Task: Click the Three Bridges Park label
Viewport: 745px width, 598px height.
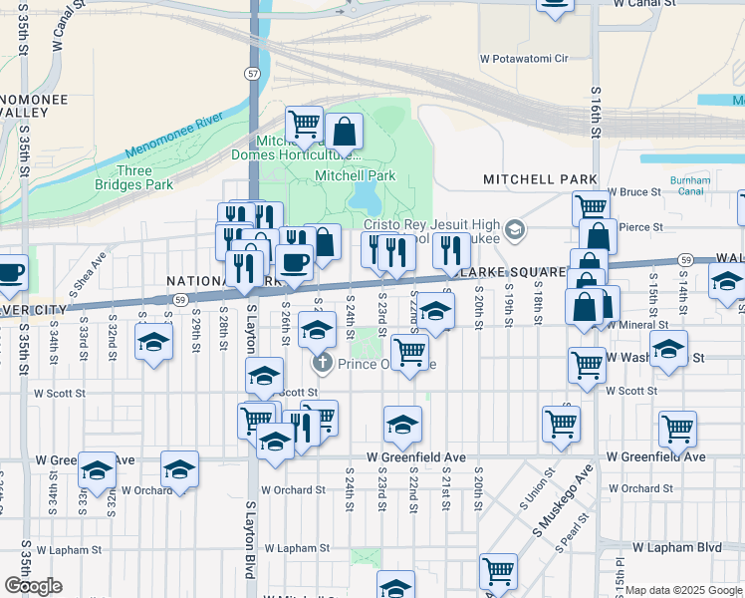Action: tap(133, 177)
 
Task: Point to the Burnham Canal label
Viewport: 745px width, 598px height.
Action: tap(690, 186)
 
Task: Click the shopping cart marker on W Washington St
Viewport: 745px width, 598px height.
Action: tap(587, 364)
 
